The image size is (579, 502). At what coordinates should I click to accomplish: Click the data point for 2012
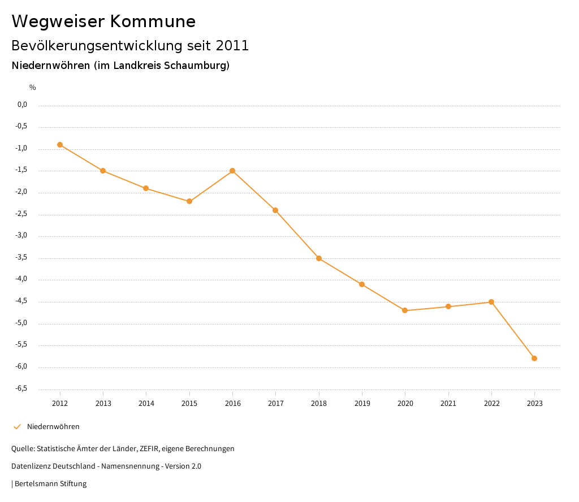(x=60, y=145)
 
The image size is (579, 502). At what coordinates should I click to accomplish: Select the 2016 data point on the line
(x=232, y=171)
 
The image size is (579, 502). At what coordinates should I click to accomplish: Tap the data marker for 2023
(x=534, y=358)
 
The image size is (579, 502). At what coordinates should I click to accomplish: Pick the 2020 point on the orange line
(x=405, y=310)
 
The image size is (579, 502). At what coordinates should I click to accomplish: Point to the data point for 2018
(x=319, y=258)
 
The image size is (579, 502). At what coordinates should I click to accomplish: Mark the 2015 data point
(x=189, y=201)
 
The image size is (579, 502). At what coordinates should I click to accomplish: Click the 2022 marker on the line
(x=491, y=302)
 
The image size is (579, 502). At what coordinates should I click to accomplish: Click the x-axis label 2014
(x=146, y=404)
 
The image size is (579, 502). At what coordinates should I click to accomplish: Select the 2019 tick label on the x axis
(x=362, y=404)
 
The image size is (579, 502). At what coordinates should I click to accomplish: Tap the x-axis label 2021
(x=448, y=404)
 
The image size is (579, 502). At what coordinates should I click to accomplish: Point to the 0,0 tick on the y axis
(x=22, y=105)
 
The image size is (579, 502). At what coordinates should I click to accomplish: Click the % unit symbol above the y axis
(x=33, y=88)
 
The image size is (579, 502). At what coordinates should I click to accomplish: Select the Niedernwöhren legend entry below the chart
(x=53, y=427)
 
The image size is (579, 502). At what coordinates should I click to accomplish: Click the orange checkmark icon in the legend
(x=17, y=427)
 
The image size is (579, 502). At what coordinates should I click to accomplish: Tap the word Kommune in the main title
(x=153, y=21)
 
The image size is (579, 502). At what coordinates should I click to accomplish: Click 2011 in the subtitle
(x=232, y=46)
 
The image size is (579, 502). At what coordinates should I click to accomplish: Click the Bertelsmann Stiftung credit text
(x=50, y=484)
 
